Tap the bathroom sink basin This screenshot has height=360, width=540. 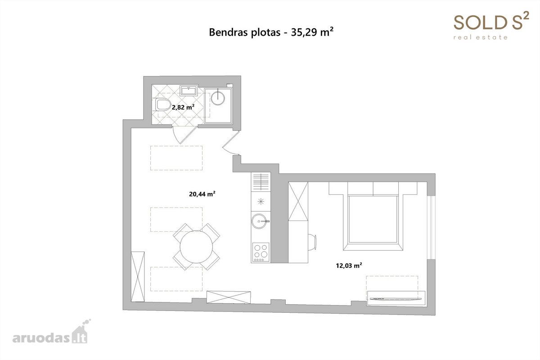[189, 90]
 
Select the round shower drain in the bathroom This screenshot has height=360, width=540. [218, 98]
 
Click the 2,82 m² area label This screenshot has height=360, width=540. [183, 107]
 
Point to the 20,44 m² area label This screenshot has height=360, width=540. [202, 194]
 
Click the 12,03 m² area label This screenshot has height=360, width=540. [349, 265]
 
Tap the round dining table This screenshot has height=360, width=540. [196, 247]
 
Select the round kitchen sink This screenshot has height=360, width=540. [259, 221]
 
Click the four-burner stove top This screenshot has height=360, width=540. [261, 252]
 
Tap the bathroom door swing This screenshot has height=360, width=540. [184, 134]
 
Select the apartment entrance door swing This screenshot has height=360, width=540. [231, 143]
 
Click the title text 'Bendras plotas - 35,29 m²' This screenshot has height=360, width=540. [271, 32]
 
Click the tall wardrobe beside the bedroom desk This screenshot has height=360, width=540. [298, 201]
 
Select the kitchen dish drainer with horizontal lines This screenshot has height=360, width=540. [261, 182]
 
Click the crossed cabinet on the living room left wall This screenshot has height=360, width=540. [138, 276]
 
